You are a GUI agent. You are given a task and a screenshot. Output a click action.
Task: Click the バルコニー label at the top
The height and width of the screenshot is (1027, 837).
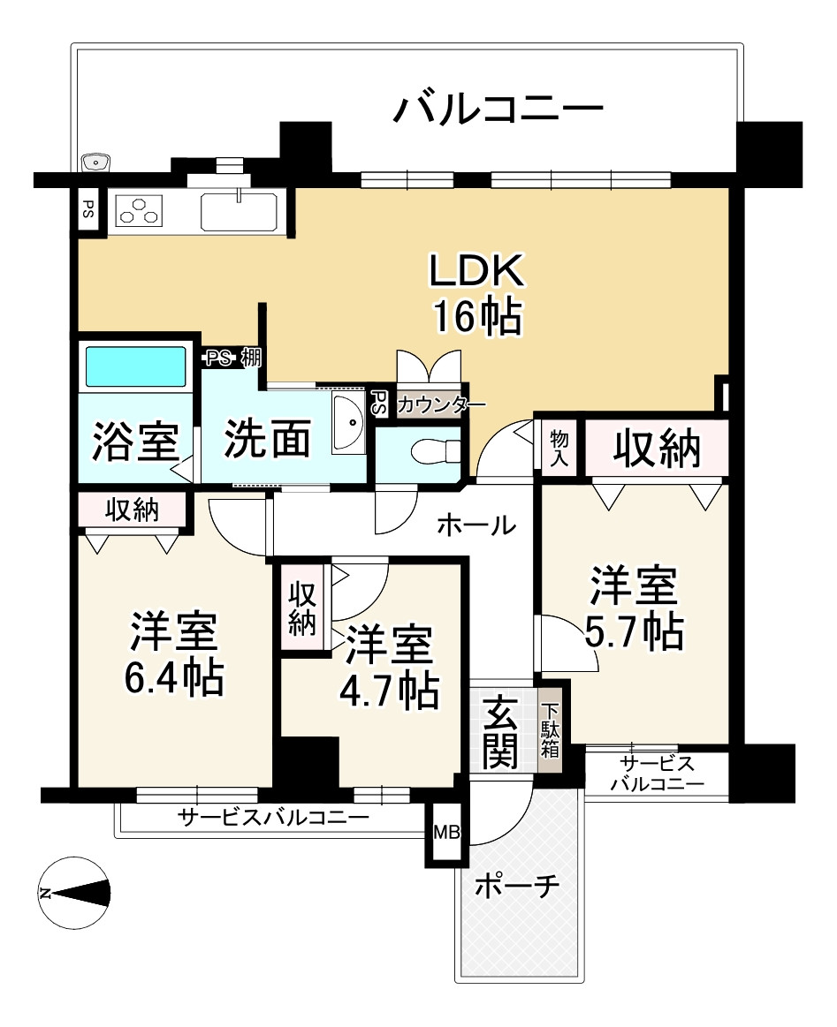pyautogui.click(x=498, y=109)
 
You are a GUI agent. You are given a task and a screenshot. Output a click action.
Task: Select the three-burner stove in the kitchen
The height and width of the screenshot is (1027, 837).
pyautogui.click(x=139, y=211)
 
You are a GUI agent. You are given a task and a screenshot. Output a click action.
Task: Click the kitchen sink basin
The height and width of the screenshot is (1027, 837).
pyautogui.click(x=239, y=212)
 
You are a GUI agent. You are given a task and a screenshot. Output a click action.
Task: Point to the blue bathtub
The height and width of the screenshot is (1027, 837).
pyautogui.click(x=136, y=366)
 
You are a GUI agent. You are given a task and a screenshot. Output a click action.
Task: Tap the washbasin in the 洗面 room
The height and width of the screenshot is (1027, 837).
pyautogui.click(x=348, y=424)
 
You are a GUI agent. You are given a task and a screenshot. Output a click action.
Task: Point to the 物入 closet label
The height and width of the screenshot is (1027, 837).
pyautogui.click(x=559, y=449)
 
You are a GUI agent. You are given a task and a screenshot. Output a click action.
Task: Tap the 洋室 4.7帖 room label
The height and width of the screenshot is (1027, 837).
pyautogui.click(x=389, y=668)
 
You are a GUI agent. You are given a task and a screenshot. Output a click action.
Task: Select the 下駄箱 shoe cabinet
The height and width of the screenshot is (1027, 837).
pyautogui.click(x=550, y=730)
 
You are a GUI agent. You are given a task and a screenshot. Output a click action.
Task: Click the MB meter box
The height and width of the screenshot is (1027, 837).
pyautogui.click(x=447, y=833)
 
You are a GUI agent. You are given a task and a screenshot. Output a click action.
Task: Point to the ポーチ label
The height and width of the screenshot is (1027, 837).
pyautogui.click(x=517, y=887)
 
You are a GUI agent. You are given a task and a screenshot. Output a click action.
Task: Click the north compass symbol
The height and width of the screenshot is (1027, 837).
pyautogui.click(x=73, y=892)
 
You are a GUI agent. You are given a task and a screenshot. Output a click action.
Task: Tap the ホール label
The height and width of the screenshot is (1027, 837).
pyautogui.click(x=476, y=525)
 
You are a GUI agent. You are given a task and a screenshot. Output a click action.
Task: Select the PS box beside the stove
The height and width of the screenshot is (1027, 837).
pyautogui.click(x=88, y=210)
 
